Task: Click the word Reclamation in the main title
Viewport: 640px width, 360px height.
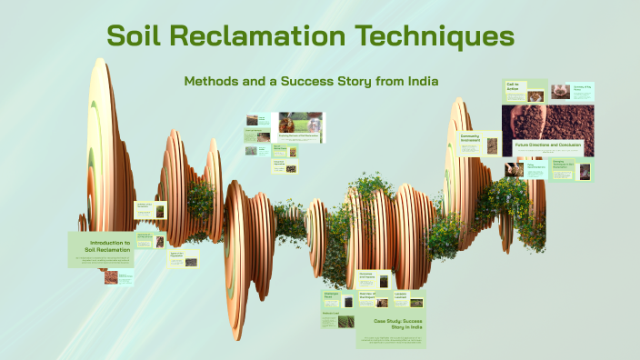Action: pos(264,38)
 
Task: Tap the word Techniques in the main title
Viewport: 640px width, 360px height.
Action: pos(435,38)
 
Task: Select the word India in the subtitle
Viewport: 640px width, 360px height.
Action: pos(419,81)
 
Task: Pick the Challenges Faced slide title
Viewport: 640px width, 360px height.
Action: pos(331,295)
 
